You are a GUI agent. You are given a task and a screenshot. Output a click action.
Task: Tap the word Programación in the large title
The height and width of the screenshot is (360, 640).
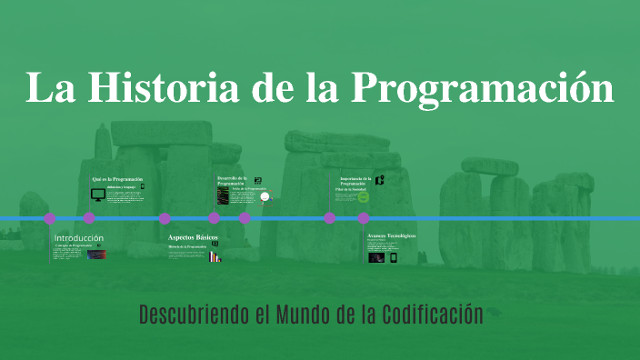point(483,88)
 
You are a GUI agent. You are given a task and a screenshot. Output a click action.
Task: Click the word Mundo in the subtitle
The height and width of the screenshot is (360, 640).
point(310,315)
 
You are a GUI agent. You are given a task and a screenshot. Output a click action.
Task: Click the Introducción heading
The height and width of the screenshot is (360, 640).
point(79,238)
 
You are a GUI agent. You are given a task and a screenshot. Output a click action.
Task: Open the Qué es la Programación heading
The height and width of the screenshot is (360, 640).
point(117,179)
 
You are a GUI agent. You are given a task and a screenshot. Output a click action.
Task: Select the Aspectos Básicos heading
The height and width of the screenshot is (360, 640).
point(193,237)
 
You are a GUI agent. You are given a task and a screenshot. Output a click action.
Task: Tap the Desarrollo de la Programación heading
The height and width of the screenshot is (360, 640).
point(232,180)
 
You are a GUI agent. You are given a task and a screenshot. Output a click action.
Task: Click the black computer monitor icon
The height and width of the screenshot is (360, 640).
point(97,195)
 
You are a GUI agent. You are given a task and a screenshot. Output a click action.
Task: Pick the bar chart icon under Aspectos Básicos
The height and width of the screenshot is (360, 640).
point(215,256)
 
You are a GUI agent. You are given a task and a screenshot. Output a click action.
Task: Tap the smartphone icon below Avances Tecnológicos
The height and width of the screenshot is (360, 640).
point(394,257)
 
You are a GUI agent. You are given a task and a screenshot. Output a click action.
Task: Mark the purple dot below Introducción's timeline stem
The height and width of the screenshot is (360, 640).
point(50,218)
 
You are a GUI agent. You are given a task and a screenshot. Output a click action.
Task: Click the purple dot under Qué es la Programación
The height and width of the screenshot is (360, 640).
point(89,218)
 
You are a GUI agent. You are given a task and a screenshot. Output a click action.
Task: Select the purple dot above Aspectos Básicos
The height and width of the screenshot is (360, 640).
point(165,218)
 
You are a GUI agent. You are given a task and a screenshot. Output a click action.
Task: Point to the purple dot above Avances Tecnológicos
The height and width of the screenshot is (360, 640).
point(364,218)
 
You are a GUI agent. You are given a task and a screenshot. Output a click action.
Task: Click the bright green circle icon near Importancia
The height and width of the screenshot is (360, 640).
point(363,197)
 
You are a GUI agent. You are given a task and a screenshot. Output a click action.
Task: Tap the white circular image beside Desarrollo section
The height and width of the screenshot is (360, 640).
point(265,195)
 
